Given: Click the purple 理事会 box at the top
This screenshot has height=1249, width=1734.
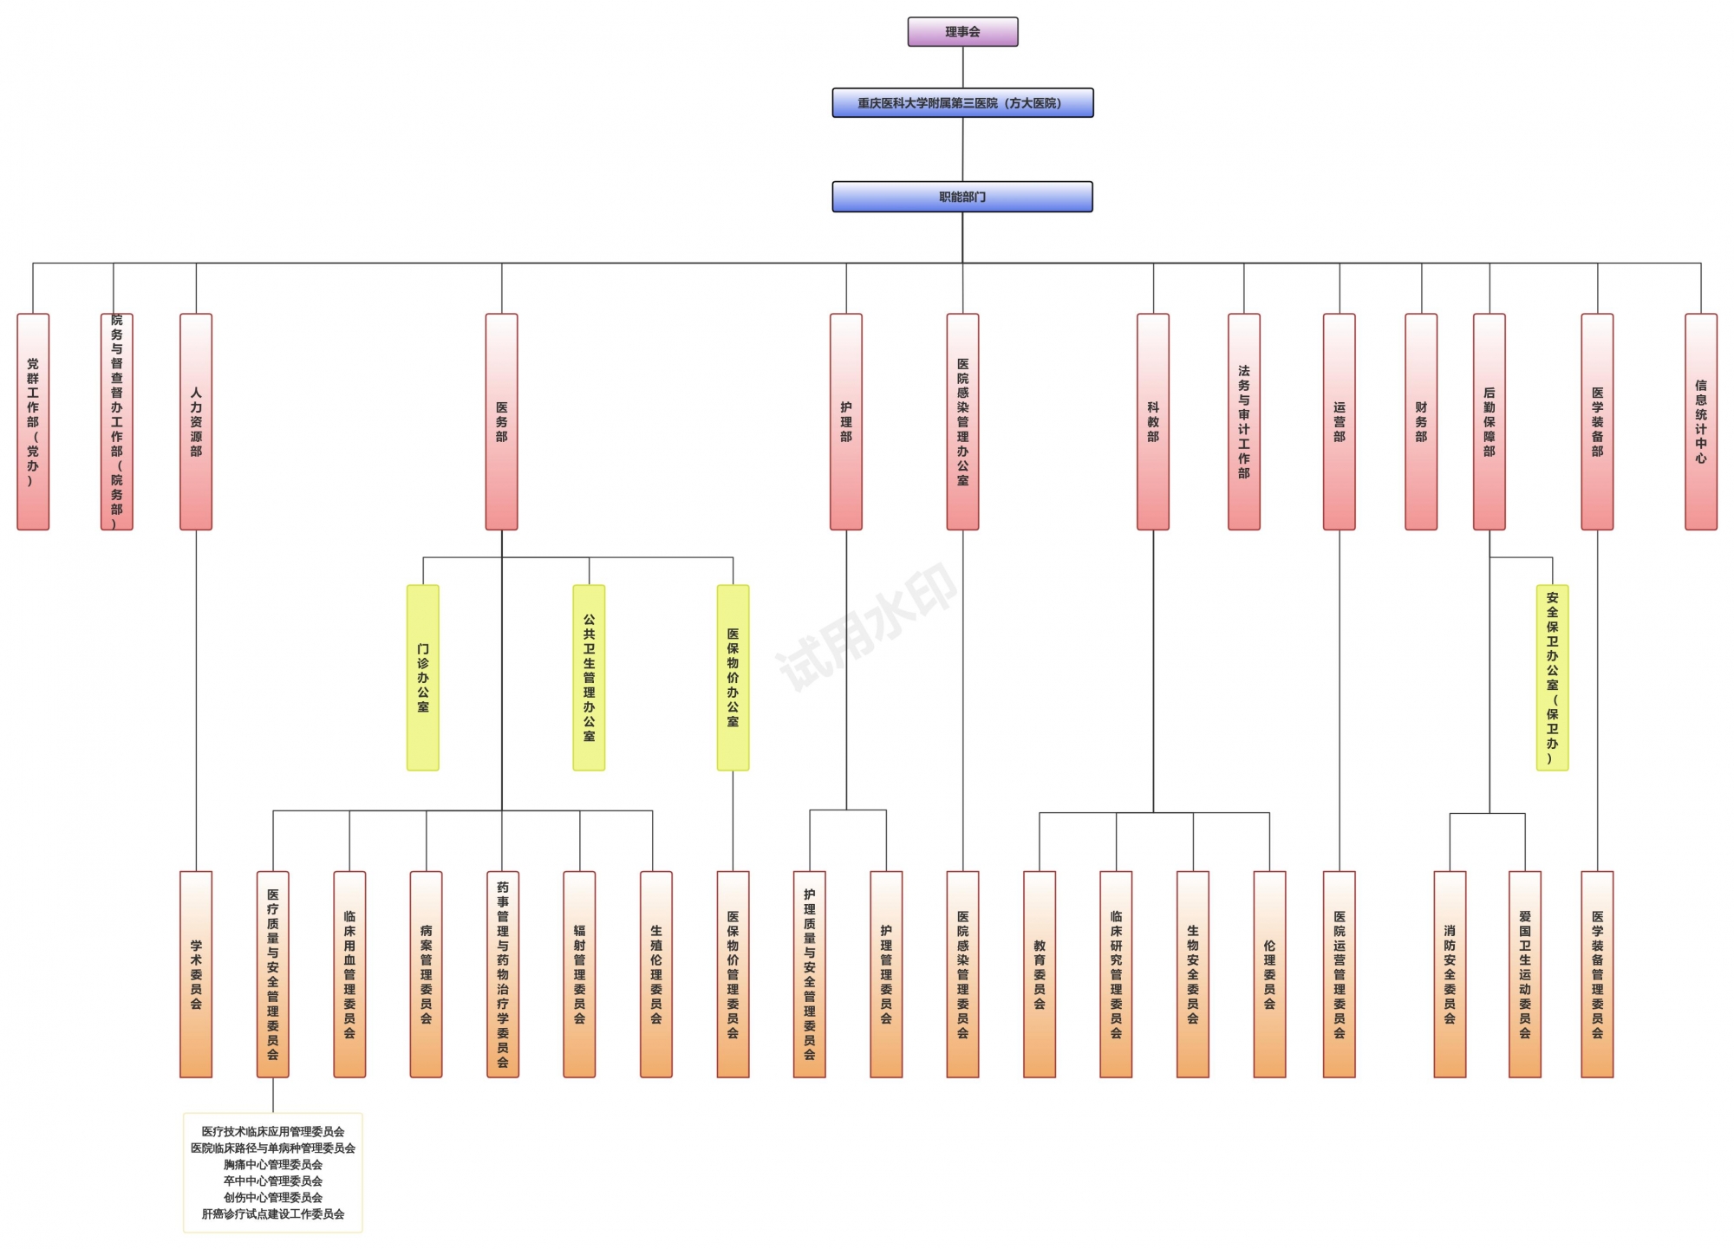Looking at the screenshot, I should pyautogui.click(x=962, y=32).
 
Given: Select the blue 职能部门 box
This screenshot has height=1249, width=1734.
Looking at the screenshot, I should pyautogui.click(x=962, y=197).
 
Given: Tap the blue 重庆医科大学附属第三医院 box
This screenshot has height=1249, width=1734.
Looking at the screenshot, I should pyautogui.click(x=962, y=103).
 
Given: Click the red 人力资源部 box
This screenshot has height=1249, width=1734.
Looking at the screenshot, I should pyautogui.click(x=196, y=421).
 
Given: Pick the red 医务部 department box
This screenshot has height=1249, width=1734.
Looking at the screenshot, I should pyautogui.click(x=501, y=421).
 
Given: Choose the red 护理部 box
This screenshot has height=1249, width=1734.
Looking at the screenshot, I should pyautogui.click(x=845, y=421).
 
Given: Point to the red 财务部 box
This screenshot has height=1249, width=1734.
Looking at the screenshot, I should pyautogui.click(x=1420, y=421).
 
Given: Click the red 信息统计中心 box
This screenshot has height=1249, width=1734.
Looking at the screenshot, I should pyautogui.click(x=1700, y=421).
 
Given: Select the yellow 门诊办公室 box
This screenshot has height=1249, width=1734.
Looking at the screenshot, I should pyautogui.click(x=423, y=677).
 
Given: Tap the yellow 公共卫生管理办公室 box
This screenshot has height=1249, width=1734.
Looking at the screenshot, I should pyautogui.click(x=589, y=677).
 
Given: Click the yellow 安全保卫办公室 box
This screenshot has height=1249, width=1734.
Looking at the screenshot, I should pyautogui.click(x=1552, y=677).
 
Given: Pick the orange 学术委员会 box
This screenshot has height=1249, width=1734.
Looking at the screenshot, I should pyautogui.click(x=196, y=973).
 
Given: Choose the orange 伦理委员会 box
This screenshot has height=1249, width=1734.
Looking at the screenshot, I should pyautogui.click(x=1269, y=973).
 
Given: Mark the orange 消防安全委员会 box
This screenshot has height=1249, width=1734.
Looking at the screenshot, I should pyautogui.click(x=1450, y=973).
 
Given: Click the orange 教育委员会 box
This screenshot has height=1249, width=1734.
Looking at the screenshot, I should pyautogui.click(x=1040, y=973).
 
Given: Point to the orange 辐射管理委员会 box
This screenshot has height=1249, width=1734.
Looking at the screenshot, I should pyautogui.click(x=579, y=973).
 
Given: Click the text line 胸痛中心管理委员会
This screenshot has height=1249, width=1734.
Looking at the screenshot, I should pyautogui.click(x=273, y=1164).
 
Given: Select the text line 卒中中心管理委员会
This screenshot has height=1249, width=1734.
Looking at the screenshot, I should pyautogui.click(x=273, y=1181).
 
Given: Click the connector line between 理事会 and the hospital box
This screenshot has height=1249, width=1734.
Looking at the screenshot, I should pyautogui.click(x=962, y=67).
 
